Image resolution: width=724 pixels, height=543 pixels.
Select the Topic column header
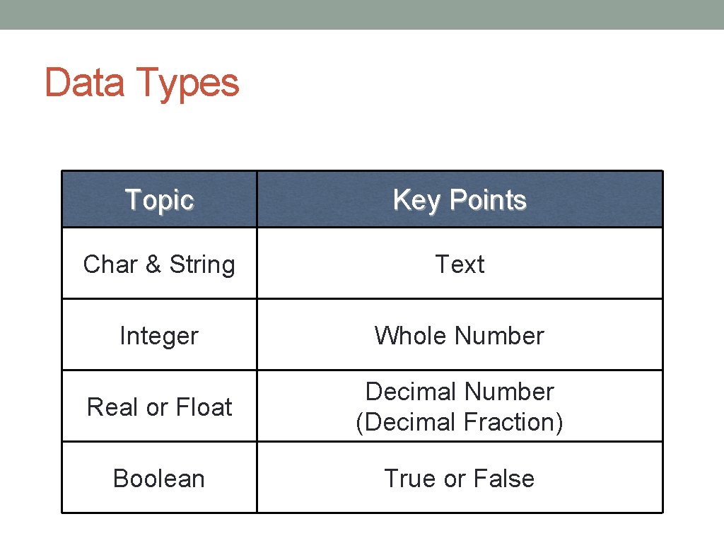click(159, 200)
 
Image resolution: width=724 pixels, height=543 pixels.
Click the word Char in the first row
click(110, 264)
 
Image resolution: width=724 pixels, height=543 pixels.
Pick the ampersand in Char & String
click(153, 264)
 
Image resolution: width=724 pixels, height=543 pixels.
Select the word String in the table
click(202, 265)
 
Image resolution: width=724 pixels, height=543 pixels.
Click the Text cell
click(460, 264)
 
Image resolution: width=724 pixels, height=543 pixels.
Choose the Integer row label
click(159, 336)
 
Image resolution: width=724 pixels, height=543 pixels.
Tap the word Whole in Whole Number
click(411, 336)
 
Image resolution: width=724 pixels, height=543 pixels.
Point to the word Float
click(204, 407)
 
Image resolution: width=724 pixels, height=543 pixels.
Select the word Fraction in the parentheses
click(515, 422)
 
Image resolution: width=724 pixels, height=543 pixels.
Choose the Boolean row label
click(159, 479)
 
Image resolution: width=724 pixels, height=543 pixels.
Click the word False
click(503, 479)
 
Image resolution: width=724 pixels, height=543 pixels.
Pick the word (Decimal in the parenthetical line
click(407, 422)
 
